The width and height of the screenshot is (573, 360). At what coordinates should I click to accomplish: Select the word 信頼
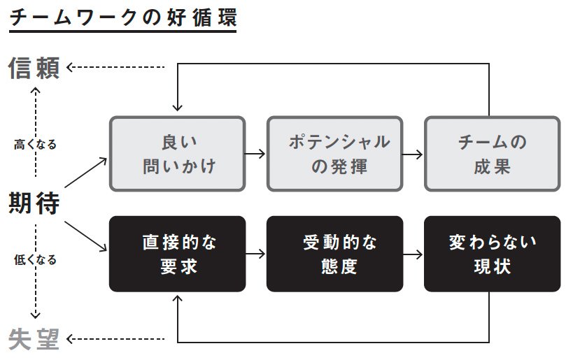(x=34, y=68)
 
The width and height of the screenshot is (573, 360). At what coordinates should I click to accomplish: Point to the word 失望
(x=34, y=340)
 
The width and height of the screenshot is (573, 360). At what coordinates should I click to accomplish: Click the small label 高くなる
(x=35, y=145)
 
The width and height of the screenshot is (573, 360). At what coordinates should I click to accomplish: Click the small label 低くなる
(x=35, y=259)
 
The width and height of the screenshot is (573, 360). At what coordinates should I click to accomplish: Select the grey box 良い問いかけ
(x=178, y=154)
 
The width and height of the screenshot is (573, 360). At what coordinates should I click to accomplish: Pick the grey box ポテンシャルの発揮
(x=334, y=154)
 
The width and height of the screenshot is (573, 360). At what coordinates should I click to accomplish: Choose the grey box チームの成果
(x=492, y=154)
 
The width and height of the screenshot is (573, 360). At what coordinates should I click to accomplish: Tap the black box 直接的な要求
(x=178, y=254)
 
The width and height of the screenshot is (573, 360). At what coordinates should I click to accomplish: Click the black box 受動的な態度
(x=334, y=254)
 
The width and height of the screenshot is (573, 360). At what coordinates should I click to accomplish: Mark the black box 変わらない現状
(x=492, y=254)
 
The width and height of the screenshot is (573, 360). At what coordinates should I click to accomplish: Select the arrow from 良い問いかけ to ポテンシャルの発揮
(x=256, y=154)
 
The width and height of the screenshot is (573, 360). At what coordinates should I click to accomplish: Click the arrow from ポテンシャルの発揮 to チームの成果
(x=413, y=154)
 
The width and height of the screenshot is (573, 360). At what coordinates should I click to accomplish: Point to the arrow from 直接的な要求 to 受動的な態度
(x=256, y=254)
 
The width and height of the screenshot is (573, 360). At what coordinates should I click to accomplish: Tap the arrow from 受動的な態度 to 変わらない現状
(x=413, y=254)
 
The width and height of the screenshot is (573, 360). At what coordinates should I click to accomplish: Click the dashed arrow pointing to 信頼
(x=115, y=68)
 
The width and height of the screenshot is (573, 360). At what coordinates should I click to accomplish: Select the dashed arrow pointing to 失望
(x=115, y=340)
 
